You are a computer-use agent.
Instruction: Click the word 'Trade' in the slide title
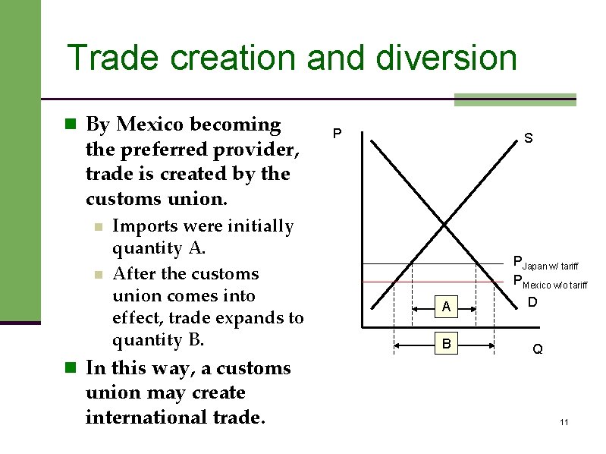tap(111, 58)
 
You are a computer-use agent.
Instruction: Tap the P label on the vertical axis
tap(338, 135)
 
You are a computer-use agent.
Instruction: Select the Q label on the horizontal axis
tap(537, 350)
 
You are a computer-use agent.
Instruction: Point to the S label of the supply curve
tap(527, 139)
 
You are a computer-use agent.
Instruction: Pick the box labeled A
tap(447, 307)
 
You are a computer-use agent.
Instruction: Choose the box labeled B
tap(447, 345)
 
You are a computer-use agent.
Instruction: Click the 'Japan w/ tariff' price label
tap(546, 263)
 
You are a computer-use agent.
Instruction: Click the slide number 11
tap(564, 422)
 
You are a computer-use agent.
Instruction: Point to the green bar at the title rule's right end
tap(515, 99)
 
